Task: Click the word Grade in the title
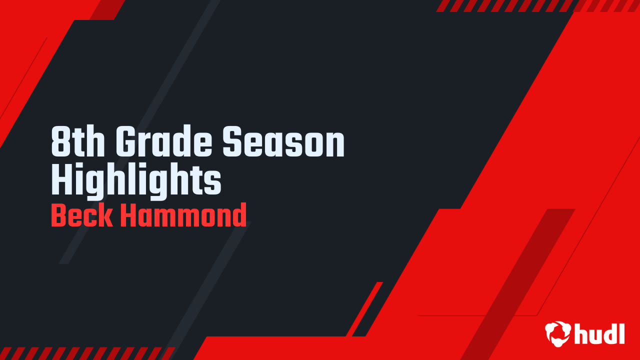(x=165, y=142)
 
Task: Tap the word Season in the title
(x=283, y=142)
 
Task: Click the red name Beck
(x=82, y=216)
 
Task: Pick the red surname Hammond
(x=183, y=216)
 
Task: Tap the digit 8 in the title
(x=60, y=142)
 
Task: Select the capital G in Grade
(x=125, y=142)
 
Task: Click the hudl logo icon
(x=557, y=333)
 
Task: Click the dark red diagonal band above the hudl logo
(x=520, y=280)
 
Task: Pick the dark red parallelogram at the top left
(x=107, y=9)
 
